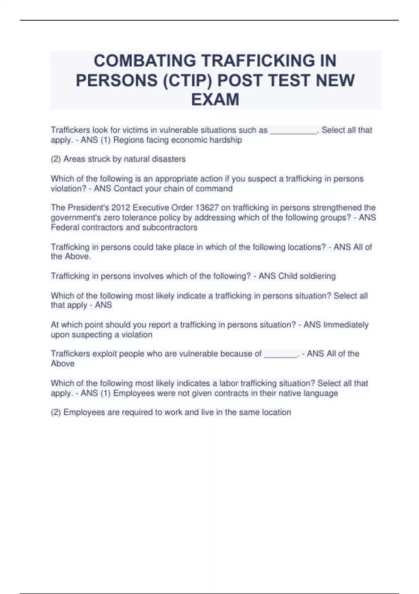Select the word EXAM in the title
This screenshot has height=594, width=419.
[215, 100]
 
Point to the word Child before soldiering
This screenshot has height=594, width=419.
[286, 276]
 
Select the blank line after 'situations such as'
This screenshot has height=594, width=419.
[293, 131]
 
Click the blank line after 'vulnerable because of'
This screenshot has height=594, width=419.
[280, 355]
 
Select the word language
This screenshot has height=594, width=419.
[321, 393]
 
